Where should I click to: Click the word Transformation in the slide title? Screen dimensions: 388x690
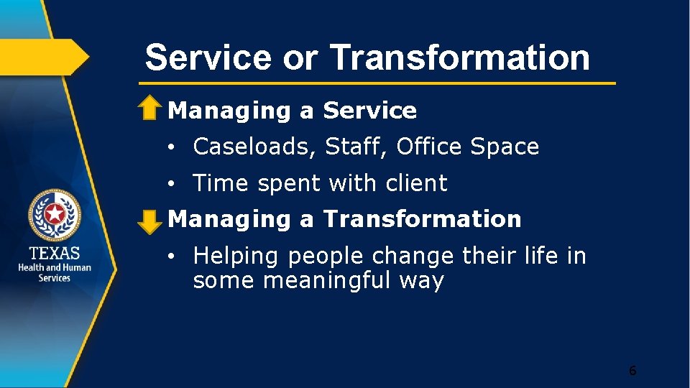pyautogui.click(x=459, y=57)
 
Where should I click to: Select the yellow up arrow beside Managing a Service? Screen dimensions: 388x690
pyautogui.click(x=149, y=108)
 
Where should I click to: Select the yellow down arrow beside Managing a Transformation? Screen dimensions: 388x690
pyautogui.click(x=149, y=221)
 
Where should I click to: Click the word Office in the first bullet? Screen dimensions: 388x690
pyautogui.click(x=429, y=147)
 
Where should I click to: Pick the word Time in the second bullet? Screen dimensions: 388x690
pyautogui.click(x=221, y=183)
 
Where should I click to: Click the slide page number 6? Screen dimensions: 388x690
pyautogui.click(x=632, y=371)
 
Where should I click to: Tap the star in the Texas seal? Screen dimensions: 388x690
pyautogui.click(x=55, y=213)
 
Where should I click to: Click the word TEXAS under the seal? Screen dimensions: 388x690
pyautogui.click(x=55, y=254)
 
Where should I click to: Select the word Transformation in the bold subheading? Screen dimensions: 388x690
pyautogui.click(x=422, y=219)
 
